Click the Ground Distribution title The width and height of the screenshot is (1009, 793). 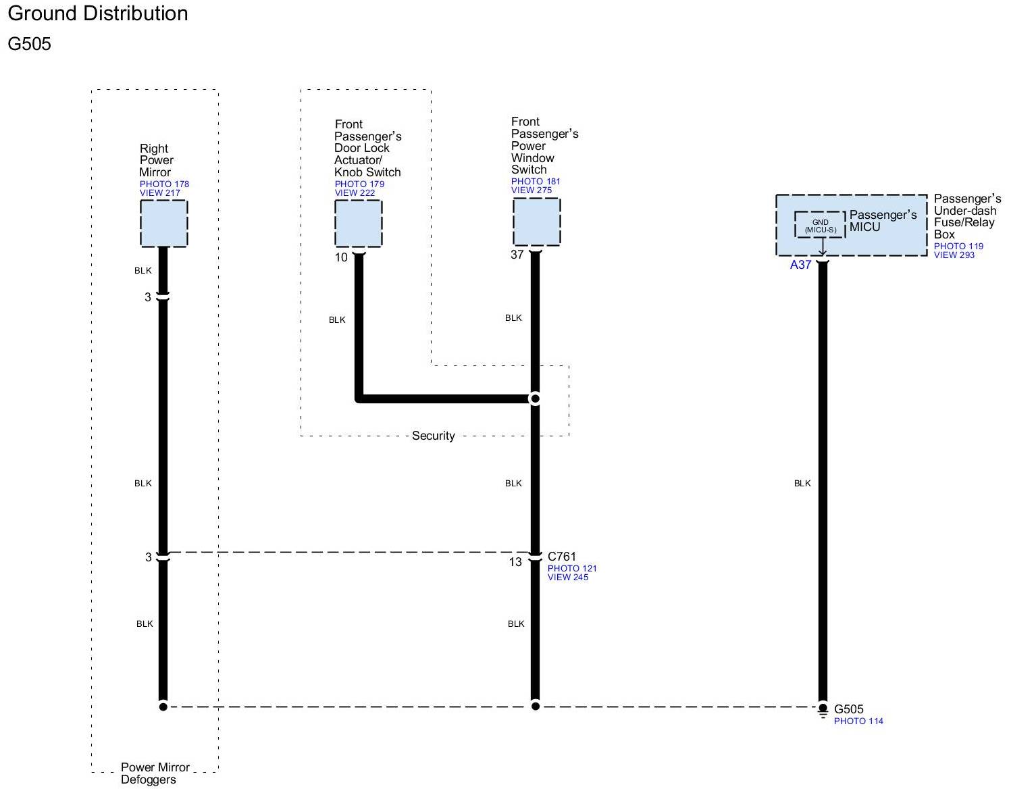98,14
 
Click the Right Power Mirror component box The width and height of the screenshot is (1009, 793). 163,224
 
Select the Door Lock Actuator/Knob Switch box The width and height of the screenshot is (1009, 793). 359,224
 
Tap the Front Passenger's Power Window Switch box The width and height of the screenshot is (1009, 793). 536,222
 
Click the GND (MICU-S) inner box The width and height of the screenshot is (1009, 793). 820,226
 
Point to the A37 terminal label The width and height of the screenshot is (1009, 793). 800,265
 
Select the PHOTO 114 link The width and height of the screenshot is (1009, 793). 858,721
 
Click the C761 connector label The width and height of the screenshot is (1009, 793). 562,557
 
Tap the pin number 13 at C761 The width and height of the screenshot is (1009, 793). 515,562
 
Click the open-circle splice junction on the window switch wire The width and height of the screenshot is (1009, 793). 535,399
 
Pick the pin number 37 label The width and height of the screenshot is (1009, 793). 517,255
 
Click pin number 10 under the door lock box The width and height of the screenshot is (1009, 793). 341,257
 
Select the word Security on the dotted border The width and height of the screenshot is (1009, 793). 434,436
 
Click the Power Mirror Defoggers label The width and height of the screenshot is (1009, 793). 155,773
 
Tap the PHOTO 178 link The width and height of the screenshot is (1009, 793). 164,184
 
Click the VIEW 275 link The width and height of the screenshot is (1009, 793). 532,190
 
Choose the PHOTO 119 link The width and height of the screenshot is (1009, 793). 958,247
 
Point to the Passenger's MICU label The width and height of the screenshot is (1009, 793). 883,221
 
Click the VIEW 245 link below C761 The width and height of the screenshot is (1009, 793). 568,578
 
